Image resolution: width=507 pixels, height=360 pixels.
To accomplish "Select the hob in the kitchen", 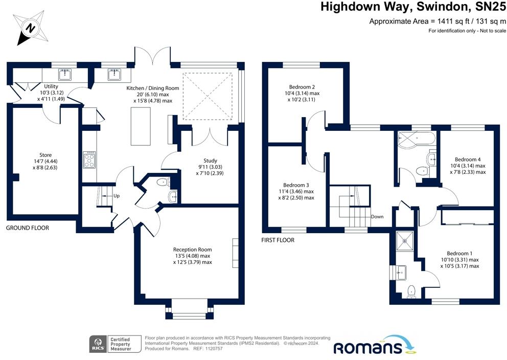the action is pos(89,160).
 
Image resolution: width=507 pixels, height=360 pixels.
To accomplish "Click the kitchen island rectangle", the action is pos(141,126).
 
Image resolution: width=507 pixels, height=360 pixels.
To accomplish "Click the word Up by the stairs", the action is pos(117,196).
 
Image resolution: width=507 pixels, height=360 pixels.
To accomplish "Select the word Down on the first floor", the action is pos(377,217).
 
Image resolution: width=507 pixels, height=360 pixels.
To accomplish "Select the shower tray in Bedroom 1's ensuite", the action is pos(404,241).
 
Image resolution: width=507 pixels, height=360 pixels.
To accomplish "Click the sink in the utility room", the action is pos(65,75).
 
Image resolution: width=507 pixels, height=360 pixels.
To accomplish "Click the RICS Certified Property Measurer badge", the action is pos(116,344).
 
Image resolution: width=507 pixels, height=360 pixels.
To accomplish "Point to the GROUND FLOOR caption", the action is pos(28,228).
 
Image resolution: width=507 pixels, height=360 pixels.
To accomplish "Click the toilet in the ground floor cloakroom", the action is pos(163,183).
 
